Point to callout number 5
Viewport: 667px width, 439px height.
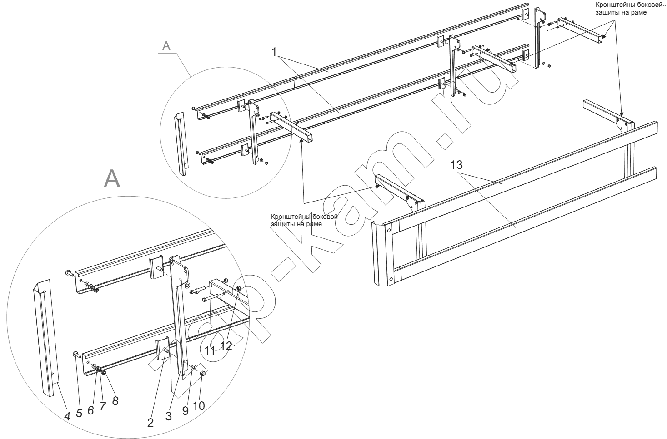[x=79, y=413]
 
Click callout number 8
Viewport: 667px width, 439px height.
[x=115, y=400]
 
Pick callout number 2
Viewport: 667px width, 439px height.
[x=150, y=422]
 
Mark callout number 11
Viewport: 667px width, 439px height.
[x=210, y=350]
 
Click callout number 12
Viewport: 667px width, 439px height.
[x=226, y=345]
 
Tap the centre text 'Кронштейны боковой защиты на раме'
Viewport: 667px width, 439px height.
[x=304, y=220]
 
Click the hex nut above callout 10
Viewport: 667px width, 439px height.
[x=203, y=374]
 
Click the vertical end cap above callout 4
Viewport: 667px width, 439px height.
[x=45, y=336]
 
